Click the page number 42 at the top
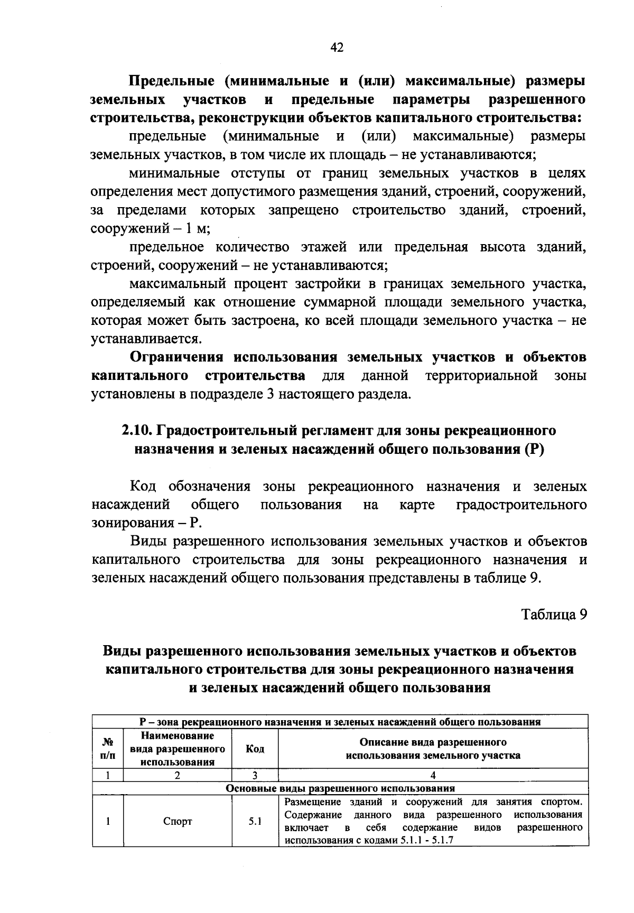[x=337, y=48]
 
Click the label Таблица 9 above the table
[x=554, y=614]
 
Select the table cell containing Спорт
[x=178, y=822]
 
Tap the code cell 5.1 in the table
[x=255, y=822]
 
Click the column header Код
[x=255, y=749]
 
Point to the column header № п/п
[x=107, y=749]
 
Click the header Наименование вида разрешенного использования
[x=178, y=749]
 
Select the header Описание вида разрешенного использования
[x=433, y=749]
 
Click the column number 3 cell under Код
[x=255, y=776]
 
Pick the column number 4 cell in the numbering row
[x=433, y=776]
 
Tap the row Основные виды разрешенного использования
[x=340, y=788]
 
